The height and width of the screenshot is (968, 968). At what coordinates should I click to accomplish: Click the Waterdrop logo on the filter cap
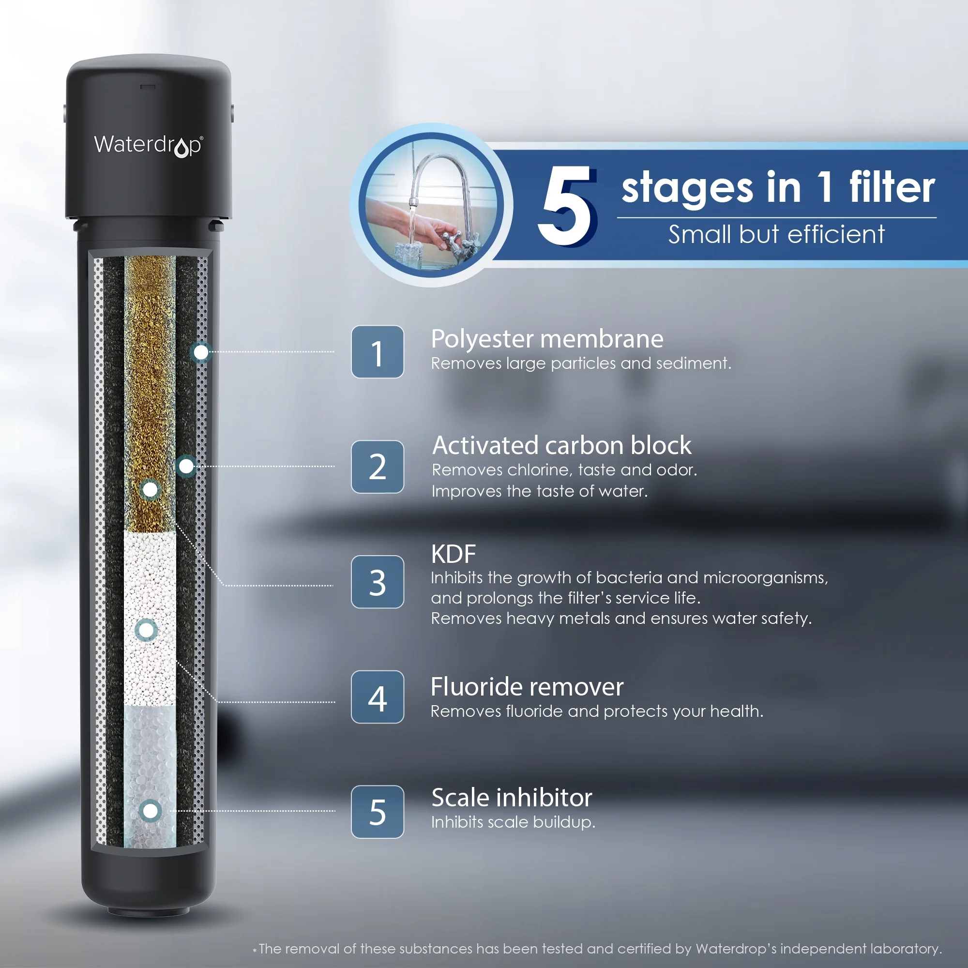click(x=148, y=145)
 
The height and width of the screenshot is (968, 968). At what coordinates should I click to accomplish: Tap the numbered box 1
click(x=378, y=352)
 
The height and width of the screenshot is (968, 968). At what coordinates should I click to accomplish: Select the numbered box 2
click(x=378, y=467)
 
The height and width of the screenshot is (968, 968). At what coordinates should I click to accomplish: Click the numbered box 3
click(x=378, y=582)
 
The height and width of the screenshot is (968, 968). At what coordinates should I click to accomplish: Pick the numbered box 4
click(x=378, y=697)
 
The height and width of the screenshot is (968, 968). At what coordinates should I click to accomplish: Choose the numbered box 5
click(x=378, y=812)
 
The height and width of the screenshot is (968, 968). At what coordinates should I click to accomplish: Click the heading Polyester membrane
click(x=547, y=340)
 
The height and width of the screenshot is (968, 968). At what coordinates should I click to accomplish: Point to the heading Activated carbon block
click(x=561, y=445)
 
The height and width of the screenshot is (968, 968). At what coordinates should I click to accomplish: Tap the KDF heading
click(x=453, y=554)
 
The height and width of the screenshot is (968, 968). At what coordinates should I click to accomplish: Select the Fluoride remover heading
click(x=527, y=686)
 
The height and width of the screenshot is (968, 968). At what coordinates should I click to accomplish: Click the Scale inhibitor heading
click(x=512, y=798)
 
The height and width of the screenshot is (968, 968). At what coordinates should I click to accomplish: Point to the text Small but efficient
click(x=777, y=234)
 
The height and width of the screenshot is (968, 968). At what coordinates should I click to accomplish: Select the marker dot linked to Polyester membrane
click(x=201, y=352)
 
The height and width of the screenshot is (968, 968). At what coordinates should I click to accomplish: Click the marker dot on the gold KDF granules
click(x=150, y=490)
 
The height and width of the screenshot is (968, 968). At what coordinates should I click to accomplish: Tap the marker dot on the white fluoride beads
click(x=146, y=630)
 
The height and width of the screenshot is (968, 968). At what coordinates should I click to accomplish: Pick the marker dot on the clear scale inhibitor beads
click(x=151, y=811)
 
